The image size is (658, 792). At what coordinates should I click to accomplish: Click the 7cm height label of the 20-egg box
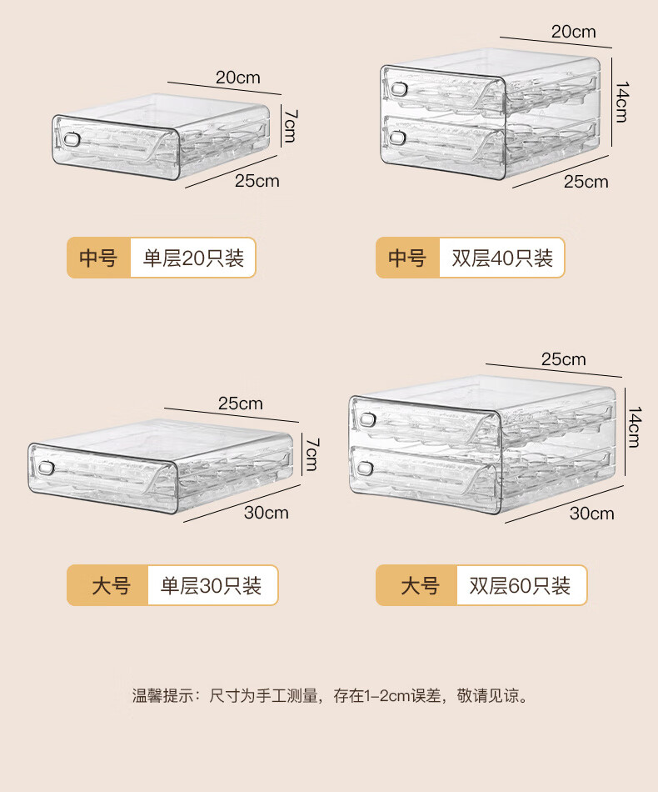288,123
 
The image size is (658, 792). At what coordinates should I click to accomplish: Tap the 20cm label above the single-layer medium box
238,78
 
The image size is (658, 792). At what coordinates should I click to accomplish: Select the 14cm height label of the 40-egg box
621,101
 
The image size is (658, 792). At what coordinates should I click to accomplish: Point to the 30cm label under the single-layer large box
267,512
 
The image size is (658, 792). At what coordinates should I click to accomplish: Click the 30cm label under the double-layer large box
591,513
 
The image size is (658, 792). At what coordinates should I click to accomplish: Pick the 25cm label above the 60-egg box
564,359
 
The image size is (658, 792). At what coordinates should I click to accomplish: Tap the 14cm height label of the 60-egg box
633,426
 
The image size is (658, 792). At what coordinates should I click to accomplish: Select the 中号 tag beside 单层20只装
98,258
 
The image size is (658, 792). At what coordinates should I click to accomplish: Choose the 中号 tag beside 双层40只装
407,258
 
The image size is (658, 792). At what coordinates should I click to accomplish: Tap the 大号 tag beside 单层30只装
111,586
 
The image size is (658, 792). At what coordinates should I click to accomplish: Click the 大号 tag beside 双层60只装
420,586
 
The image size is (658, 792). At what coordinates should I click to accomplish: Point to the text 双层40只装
502,258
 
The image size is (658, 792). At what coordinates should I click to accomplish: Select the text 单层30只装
211,586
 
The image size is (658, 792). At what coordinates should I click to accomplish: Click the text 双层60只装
520,586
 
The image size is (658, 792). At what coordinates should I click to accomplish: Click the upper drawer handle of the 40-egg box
401,89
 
